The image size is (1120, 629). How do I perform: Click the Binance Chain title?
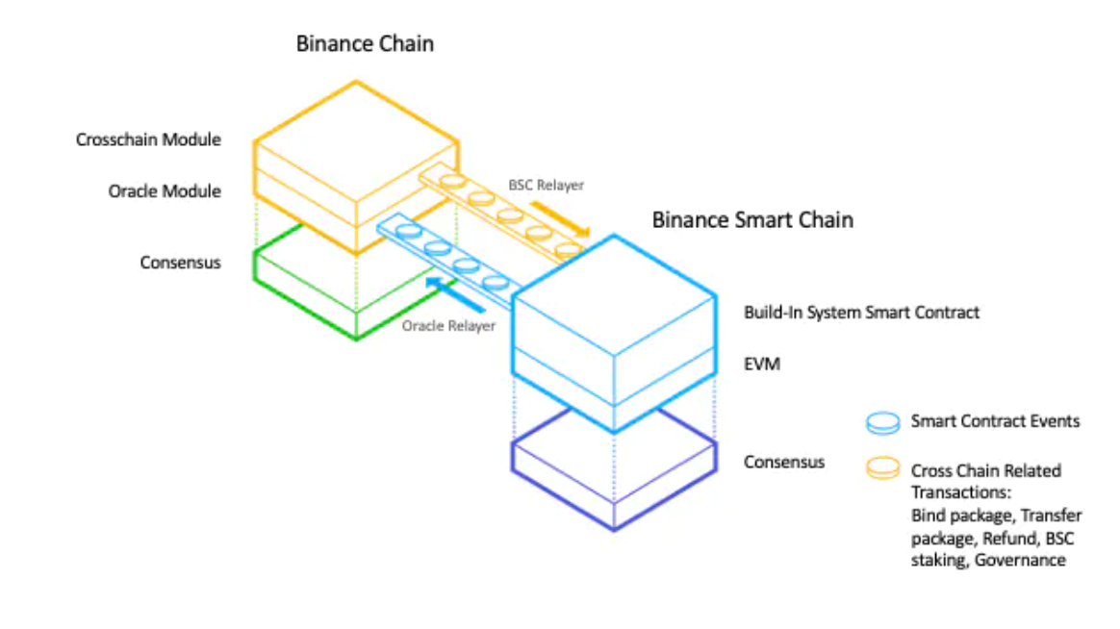[365, 43]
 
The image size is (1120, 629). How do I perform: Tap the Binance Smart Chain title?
[752, 219]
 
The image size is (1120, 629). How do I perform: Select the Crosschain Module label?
[148, 140]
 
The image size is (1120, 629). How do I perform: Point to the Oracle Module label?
[165, 191]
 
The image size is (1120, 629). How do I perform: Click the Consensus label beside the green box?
[180, 262]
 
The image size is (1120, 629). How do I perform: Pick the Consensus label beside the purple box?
[784, 462]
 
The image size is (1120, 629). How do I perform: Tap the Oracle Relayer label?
[448, 326]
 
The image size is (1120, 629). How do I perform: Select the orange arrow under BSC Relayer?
[560, 217]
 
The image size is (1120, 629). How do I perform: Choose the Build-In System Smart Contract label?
[861, 313]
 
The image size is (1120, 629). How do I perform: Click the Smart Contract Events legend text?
[995, 420]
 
